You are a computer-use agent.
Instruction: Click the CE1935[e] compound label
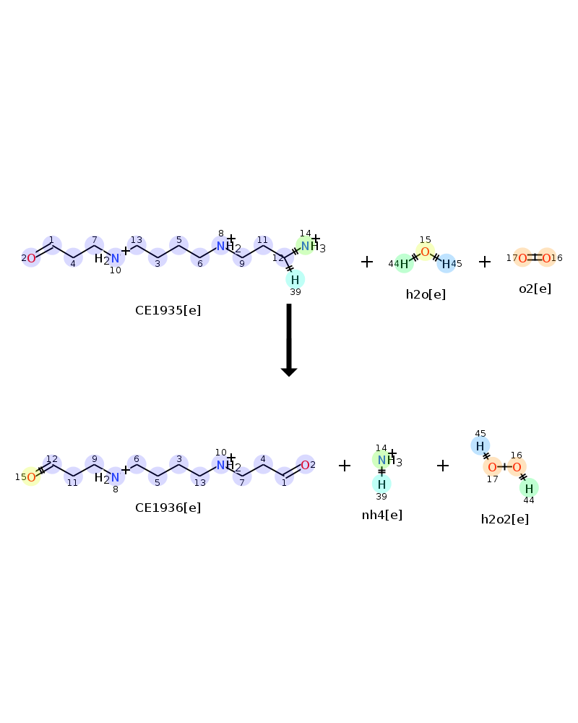click(x=168, y=310)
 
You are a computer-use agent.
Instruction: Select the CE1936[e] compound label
click(x=168, y=508)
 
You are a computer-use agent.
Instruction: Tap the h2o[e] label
click(x=426, y=294)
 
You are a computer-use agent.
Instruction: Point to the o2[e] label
click(x=535, y=288)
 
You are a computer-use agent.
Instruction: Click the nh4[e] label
click(x=381, y=515)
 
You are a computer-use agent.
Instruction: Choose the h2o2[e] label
click(x=505, y=519)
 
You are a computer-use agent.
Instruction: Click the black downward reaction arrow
click(x=289, y=340)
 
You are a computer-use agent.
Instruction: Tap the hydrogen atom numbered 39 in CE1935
click(x=295, y=279)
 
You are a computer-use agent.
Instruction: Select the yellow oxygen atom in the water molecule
click(x=425, y=252)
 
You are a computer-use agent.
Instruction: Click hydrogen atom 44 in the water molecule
click(x=404, y=264)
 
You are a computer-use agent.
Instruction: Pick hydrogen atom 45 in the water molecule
click(x=447, y=264)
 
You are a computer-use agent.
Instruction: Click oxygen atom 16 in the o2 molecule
click(x=547, y=258)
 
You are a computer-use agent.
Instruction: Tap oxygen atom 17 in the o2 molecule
click(x=522, y=258)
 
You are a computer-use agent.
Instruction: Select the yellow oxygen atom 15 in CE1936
click(x=31, y=476)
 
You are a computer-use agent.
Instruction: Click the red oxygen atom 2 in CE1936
click(x=305, y=465)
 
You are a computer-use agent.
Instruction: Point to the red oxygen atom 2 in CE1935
click(x=31, y=258)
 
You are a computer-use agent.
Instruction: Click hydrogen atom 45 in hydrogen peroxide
click(x=480, y=446)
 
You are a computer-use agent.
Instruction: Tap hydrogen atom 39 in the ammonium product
click(x=381, y=484)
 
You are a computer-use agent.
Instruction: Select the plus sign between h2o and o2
click(x=484, y=262)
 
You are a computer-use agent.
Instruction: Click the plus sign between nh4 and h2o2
click(x=442, y=466)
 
